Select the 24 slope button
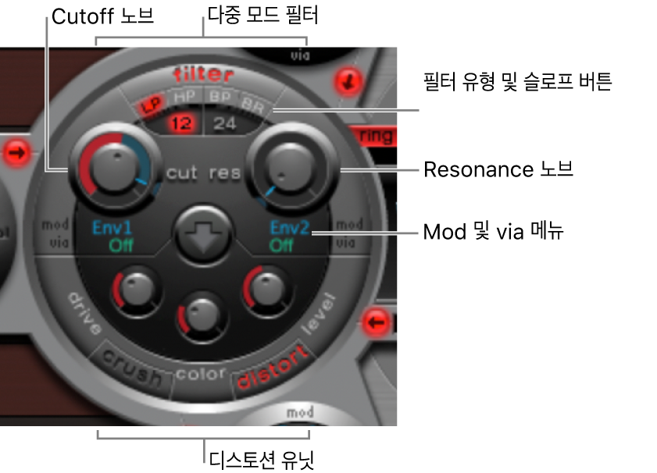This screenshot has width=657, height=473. [x=225, y=122]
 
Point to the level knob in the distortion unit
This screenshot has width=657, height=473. [x=266, y=290]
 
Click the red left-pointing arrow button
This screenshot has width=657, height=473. [x=377, y=320]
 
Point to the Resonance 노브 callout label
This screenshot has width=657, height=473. [x=498, y=169]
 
